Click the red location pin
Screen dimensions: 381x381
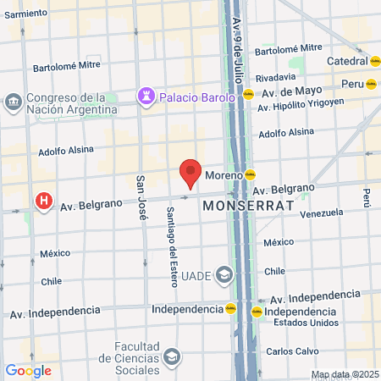(190, 173)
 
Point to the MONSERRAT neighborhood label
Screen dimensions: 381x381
(247, 206)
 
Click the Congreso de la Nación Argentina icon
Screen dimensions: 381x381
(14, 102)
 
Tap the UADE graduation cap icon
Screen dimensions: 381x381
(224, 273)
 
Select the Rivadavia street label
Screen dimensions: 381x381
(276, 76)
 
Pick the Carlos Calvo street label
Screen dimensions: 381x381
(291, 351)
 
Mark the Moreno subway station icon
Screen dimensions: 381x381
(251, 174)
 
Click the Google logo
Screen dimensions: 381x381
(28, 371)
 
